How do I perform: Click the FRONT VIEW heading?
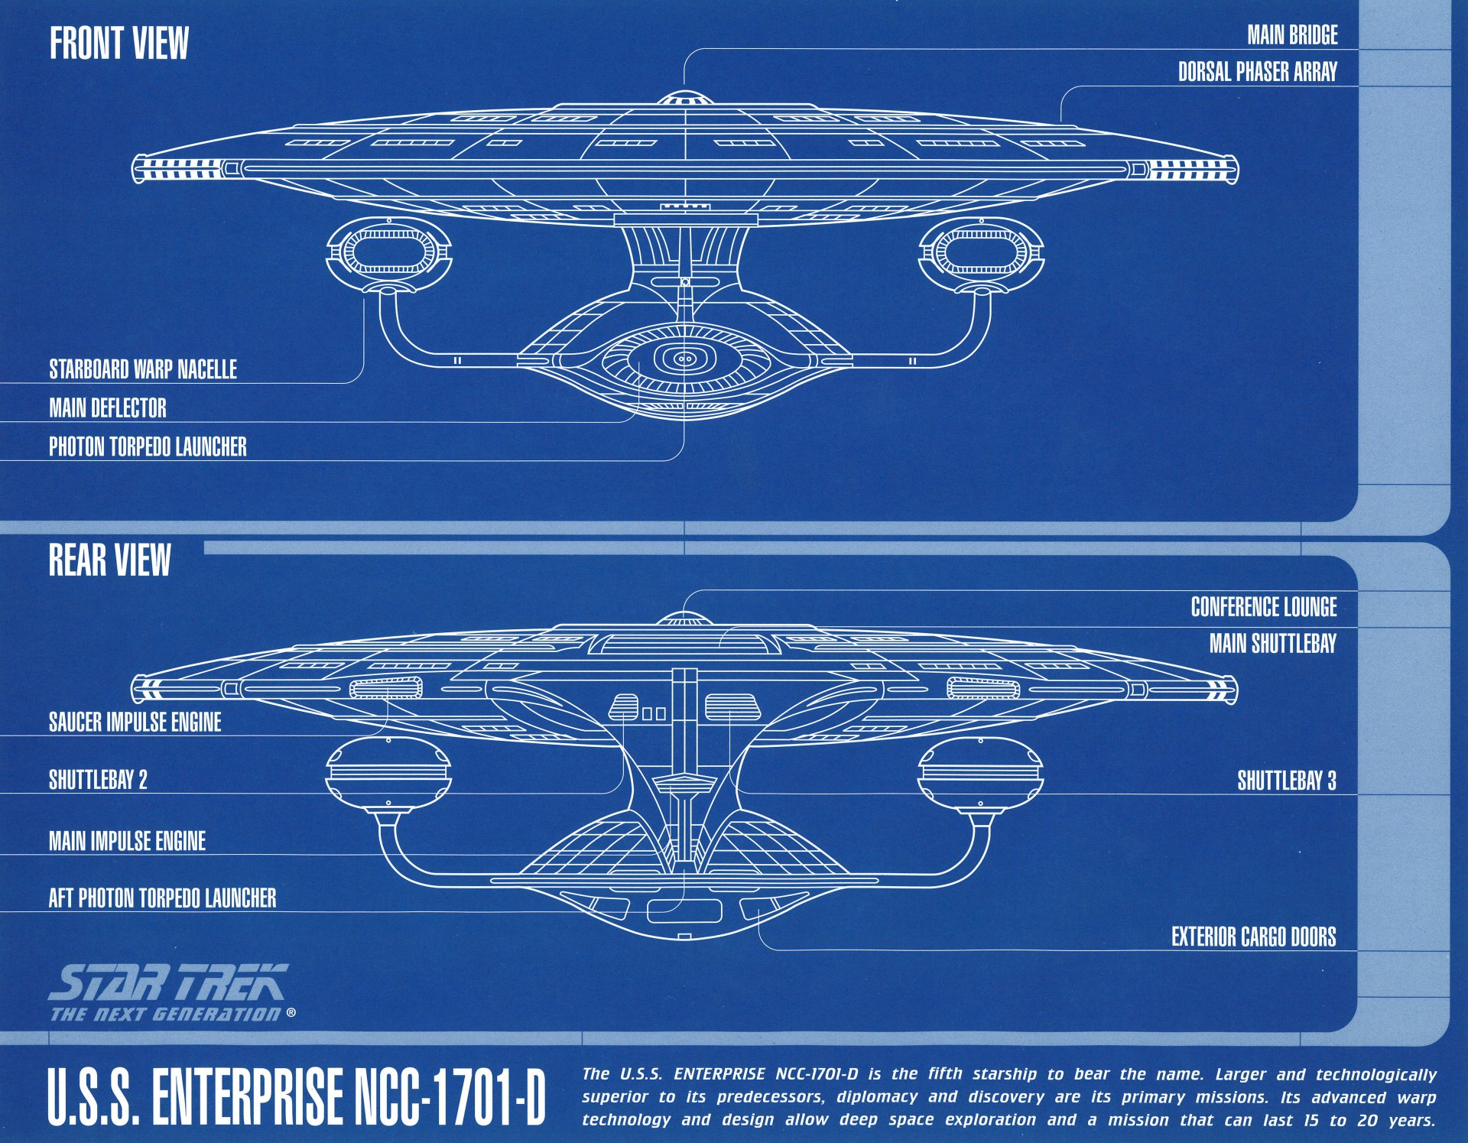119,44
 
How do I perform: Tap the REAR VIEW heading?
109,560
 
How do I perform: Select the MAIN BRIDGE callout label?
1292,35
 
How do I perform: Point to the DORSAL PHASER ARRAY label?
1257,72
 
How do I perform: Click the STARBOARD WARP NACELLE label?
143,369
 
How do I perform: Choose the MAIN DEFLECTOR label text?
108,408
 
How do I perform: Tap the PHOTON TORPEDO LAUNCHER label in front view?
148,446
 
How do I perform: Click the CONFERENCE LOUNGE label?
1263,607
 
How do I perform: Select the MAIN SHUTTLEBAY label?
1272,644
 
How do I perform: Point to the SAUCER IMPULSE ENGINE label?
135,722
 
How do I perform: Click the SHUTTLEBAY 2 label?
98,780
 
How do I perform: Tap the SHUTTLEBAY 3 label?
1286,781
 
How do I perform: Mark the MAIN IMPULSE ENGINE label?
127,841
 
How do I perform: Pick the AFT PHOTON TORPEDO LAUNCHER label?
162,898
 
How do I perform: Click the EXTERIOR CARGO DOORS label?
1253,937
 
